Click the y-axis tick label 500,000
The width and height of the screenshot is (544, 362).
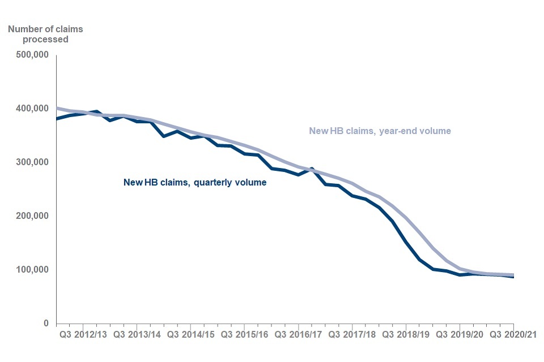pos(33,55)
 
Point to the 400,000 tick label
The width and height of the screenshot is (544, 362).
pos(33,109)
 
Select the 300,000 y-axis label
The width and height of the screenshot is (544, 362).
pos(33,162)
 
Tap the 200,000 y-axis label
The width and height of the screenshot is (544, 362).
pos(33,216)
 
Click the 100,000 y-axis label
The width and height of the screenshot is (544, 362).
pos(33,270)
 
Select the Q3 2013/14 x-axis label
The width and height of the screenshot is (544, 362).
pos(137,334)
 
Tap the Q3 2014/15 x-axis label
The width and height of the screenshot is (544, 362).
pos(190,334)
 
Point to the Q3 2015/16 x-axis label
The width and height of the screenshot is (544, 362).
pos(244,334)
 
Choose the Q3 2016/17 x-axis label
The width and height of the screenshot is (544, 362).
pos(298,334)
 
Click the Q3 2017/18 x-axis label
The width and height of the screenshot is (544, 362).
pos(352,334)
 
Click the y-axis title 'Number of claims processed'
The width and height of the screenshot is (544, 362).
pos(45,34)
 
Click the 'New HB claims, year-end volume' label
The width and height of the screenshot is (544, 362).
pos(380,131)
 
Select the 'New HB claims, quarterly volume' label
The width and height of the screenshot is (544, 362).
pos(195,182)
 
